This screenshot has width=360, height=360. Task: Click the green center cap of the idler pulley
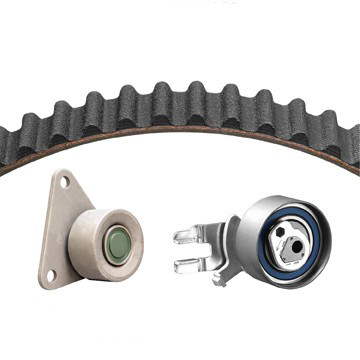click(x=117, y=244)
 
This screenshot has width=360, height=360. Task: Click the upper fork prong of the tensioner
click(x=191, y=237)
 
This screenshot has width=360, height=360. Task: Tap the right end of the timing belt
click(x=352, y=145)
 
